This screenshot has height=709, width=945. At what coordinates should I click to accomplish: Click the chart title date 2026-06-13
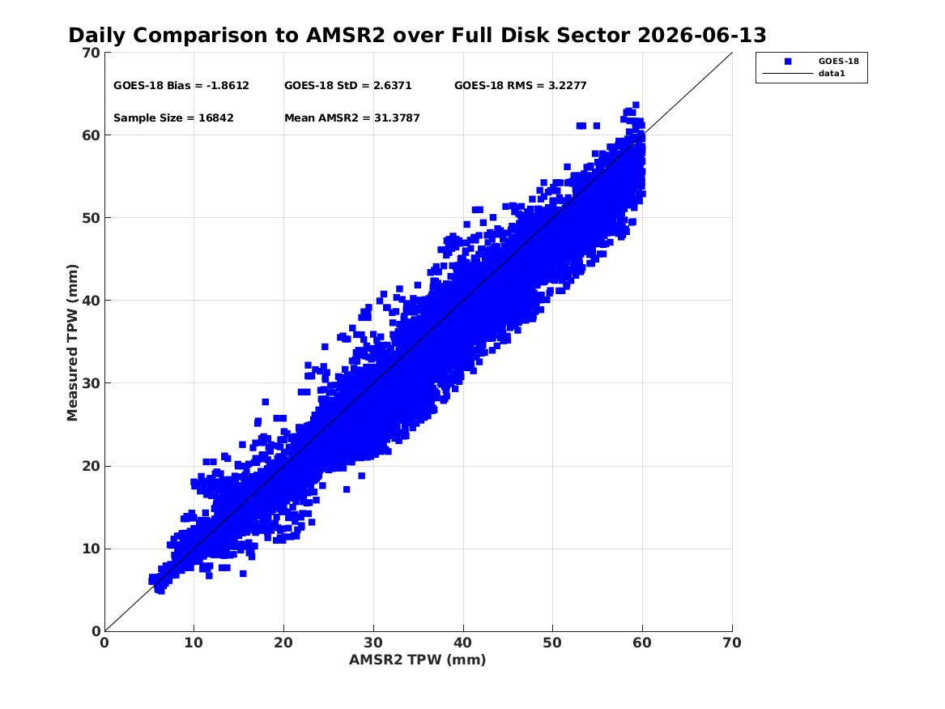tap(701, 36)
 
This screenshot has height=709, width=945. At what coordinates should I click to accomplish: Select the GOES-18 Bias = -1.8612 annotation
tap(181, 86)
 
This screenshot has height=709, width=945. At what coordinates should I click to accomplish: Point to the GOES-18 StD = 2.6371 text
tap(347, 86)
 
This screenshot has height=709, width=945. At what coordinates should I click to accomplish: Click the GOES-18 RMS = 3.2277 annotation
tap(520, 86)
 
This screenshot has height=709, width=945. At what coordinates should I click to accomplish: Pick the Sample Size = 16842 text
tap(173, 118)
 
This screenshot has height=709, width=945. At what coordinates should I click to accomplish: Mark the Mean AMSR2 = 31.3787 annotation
tap(352, 118)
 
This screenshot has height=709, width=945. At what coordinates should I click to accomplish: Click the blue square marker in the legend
tap(788, 62)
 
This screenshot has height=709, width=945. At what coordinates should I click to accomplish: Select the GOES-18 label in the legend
tap(838, 62)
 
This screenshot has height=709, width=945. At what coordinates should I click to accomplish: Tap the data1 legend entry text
tap(832, 74)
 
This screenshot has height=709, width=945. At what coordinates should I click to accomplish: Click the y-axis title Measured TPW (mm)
tap(72, 343)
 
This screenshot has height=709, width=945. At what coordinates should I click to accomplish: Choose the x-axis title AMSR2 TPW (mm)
tap(418, 660)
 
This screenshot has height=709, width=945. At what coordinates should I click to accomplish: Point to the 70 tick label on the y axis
tap(92, 53)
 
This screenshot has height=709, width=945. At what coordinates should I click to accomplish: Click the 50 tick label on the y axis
tap(92, 218)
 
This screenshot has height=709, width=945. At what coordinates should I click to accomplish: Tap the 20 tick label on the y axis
tap(92, 466)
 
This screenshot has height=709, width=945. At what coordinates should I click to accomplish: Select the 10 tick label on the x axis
tap(194, 643)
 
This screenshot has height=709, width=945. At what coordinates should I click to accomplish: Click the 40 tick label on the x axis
tap(463, 643)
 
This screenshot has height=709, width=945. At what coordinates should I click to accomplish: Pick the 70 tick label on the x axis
tap(732, 643)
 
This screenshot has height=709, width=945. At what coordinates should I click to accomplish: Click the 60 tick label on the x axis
tap(642, 643)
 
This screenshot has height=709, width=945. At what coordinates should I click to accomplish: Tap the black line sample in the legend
tap(788, 74)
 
